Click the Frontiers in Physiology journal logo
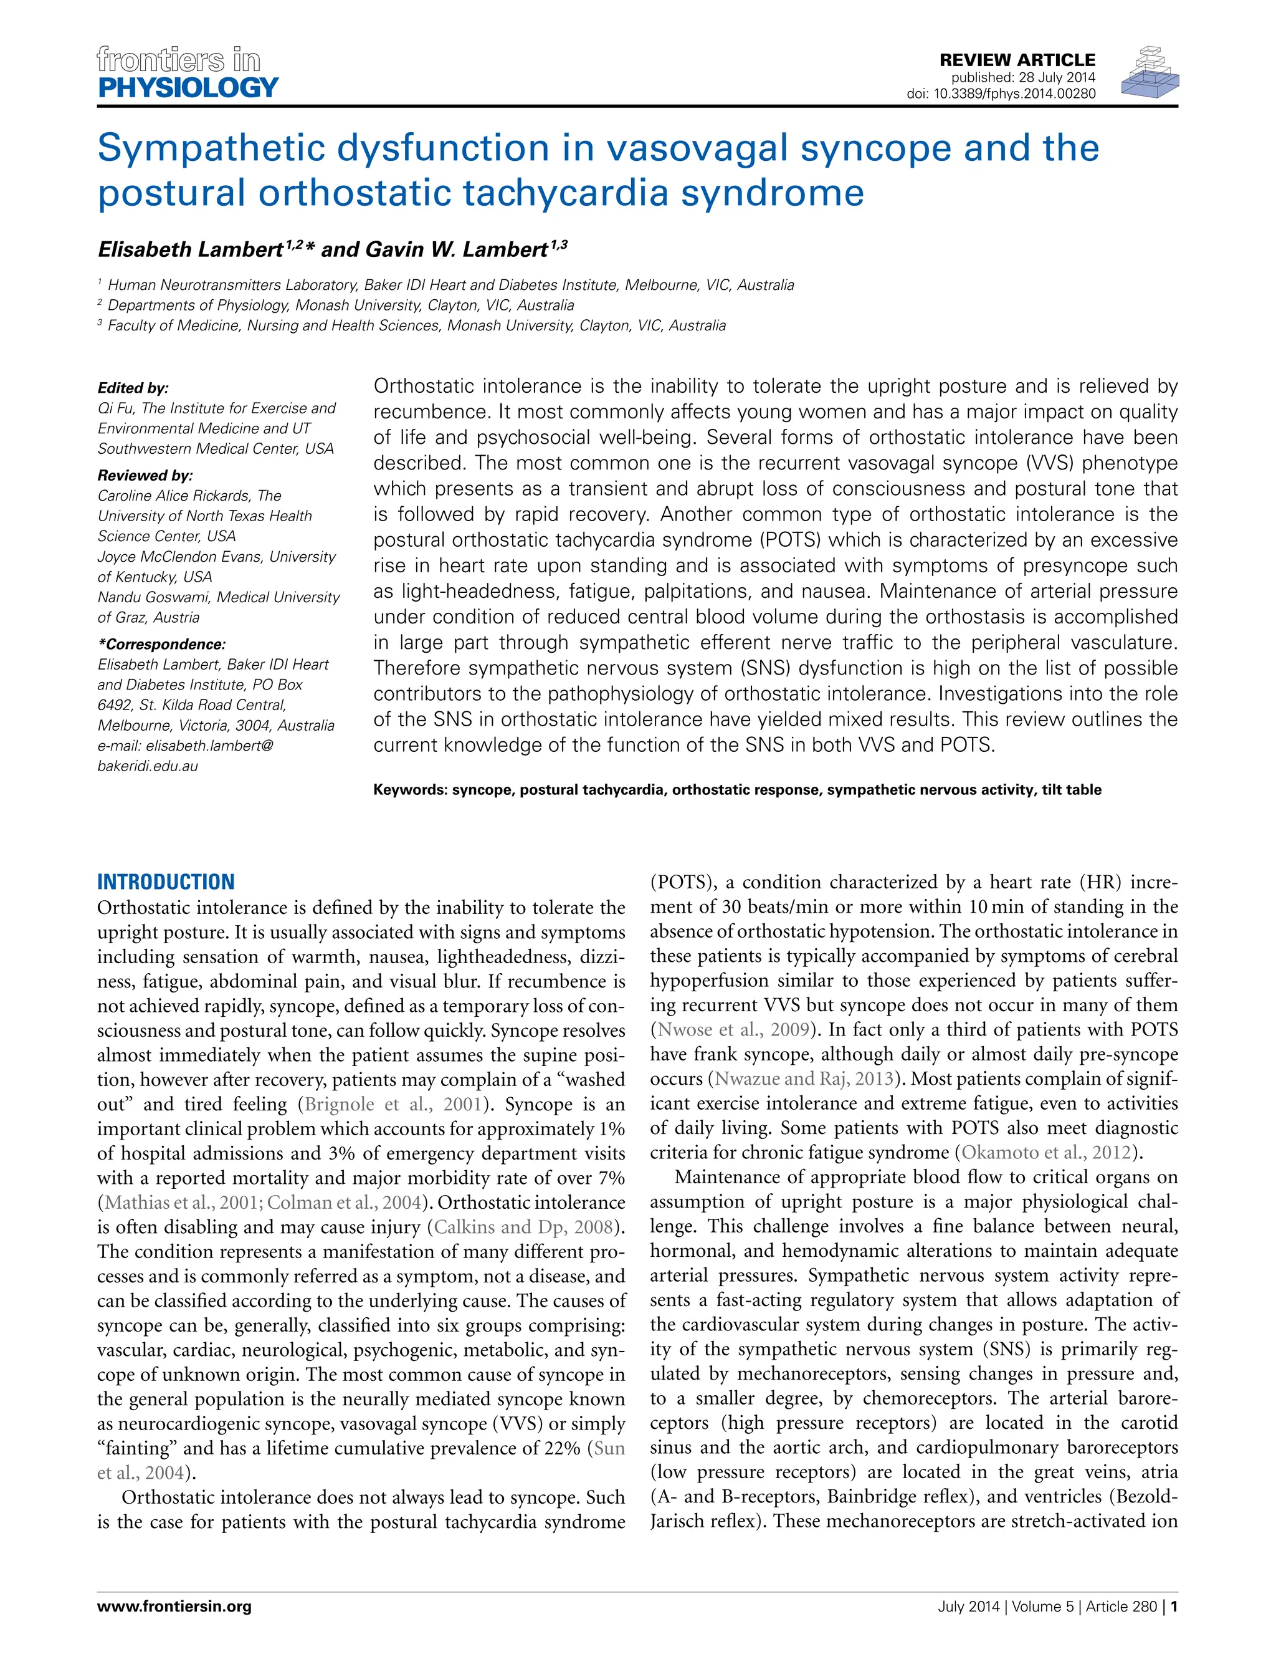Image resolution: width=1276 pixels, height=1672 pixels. tap(187, 73)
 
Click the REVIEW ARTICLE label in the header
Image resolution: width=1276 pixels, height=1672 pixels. tap(1017, 60)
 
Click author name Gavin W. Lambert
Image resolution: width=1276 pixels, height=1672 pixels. tap(457, 250)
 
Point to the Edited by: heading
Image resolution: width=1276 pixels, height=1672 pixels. tap(133, 388)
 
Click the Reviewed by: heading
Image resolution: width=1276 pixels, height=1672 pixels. tap(145, 476)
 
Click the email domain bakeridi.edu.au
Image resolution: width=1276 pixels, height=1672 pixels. tap(147, 766)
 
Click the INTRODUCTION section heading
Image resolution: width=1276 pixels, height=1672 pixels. tap(166, 882)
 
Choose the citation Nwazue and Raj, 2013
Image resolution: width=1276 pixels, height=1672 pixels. tap(804, 1079)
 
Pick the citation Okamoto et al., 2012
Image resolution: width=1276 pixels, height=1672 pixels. tap(1047, 1153)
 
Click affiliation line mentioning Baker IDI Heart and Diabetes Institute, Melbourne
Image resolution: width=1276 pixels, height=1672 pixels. tap(450, 285)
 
